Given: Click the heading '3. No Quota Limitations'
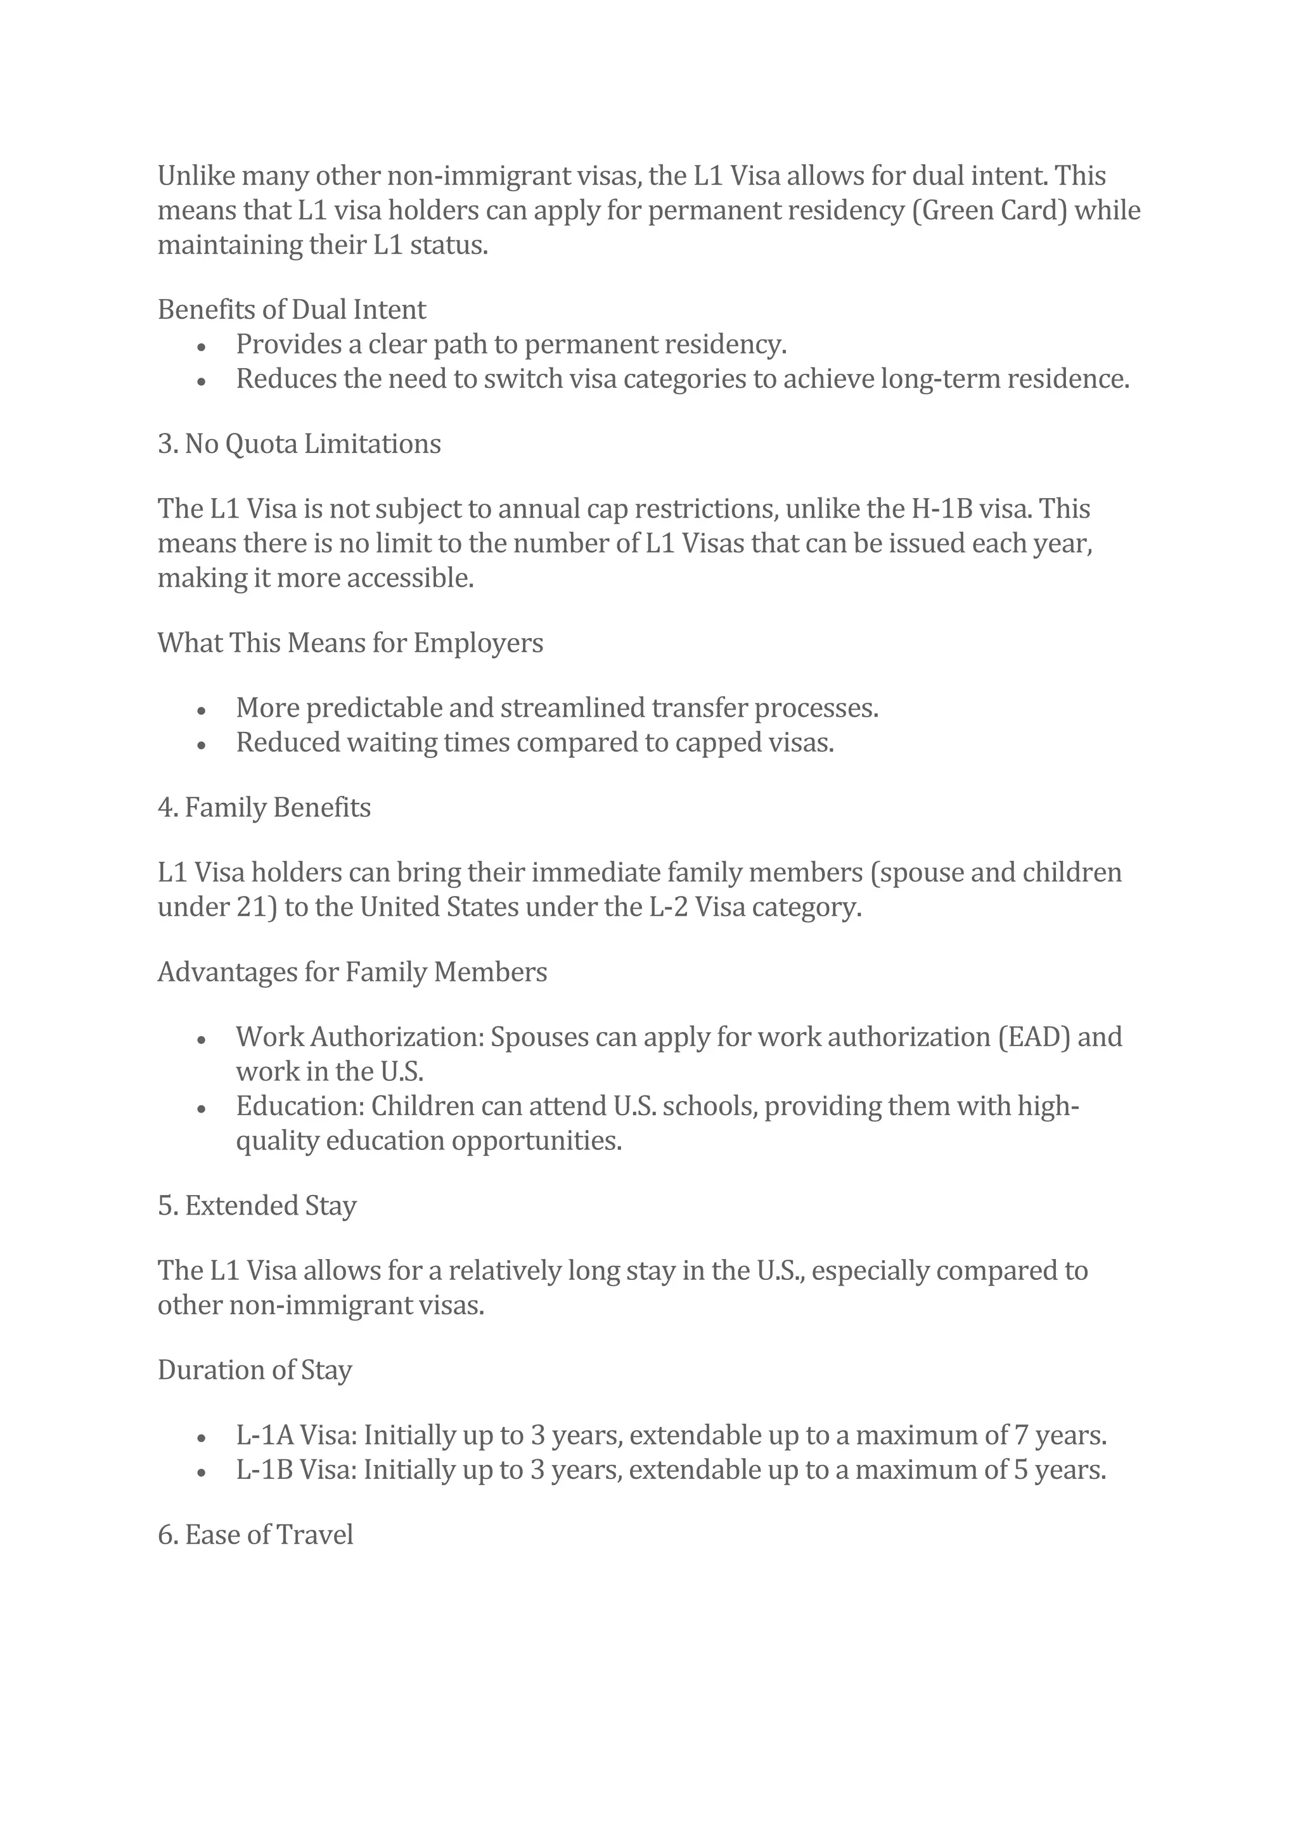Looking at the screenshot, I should (x=299, y=444).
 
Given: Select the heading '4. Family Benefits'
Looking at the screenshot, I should (x=264, y=807).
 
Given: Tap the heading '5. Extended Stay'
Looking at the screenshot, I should (x=257, y=1205).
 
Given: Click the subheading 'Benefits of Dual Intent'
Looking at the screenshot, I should (x=292, y=309).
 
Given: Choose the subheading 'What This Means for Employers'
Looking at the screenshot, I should (x=350, y=643).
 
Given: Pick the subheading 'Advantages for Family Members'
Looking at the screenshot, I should (x=352, y=972).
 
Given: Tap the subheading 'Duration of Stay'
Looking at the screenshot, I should (x=255, y=1370).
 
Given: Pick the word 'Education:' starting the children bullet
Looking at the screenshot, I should (x=300, y=1106).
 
